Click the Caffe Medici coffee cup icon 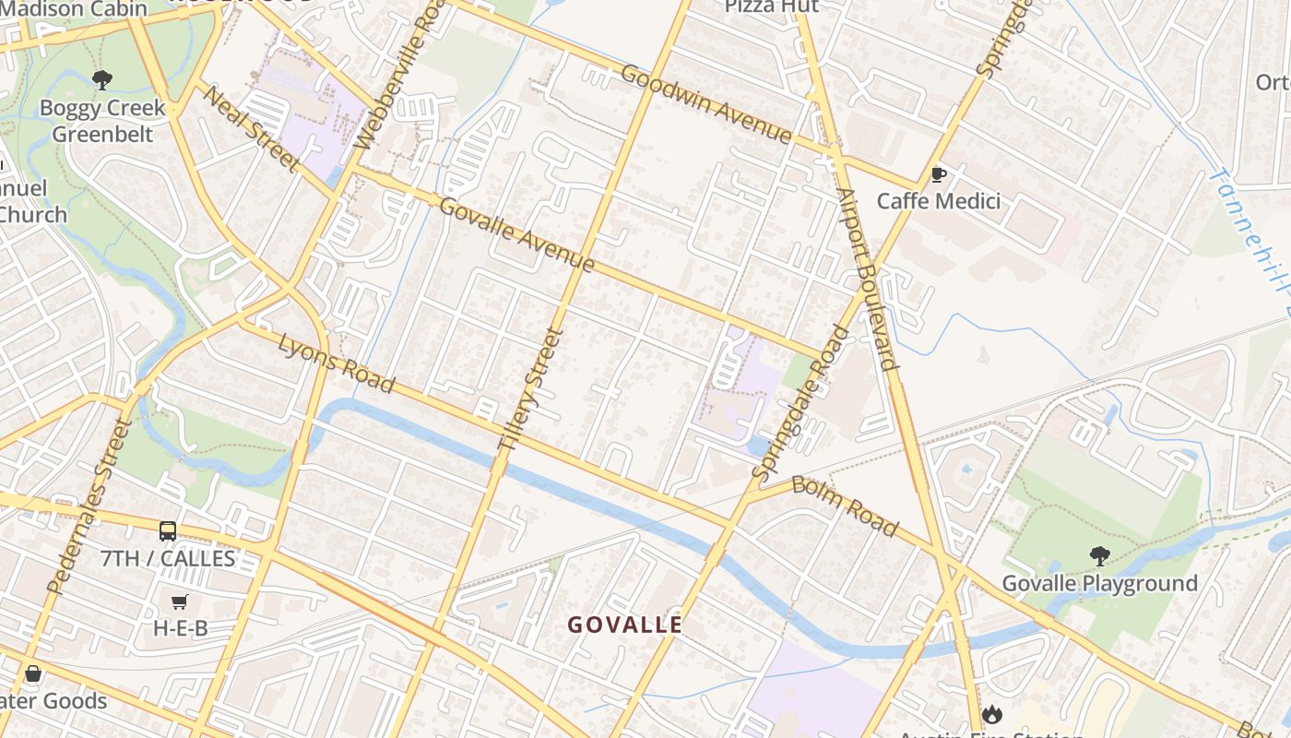pyautogui.click(x=939, y=173)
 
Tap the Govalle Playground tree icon pyautogui.click(x=1099, y=555)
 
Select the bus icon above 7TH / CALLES pyautogui.click(x=168, y=530)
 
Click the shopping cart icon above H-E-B pyautogui.click(x=180, y=601)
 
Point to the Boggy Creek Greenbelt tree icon pyautogui.click(x=102, y=80)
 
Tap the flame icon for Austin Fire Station pyautogui.click(x=991, y=713)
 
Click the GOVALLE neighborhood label pyautogui.click(x=625, y=625)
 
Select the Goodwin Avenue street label pyautogui.click(x=706, y=103)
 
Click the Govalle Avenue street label pyautogui.click(x=516, y=235)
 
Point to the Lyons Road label pyautogui.click(x=337, y=363)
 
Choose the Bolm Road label pyautogui.click(x=845, y=506)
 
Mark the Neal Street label pyautogui.click(x=250, y=128)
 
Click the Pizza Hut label pyautogui.click(x=771, y=6)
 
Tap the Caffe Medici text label pyautogui.click(x=938, y=201)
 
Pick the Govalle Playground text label pyautogui.click(x=1099, y=583)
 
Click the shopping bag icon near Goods pyautogui.click(x=33, y=673)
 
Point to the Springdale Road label pyautogui.click(x=801, y=402)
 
